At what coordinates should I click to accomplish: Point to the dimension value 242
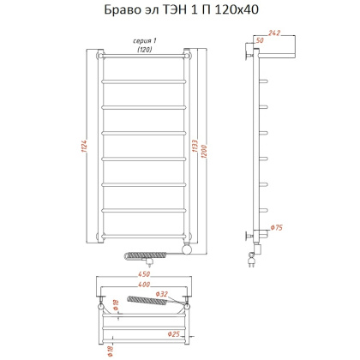(x=273, y=33)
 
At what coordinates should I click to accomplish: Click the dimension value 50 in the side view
(x=259, y=40)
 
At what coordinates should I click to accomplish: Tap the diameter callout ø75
(x=276, y=228)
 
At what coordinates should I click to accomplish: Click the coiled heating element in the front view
(x=150, y=255)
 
